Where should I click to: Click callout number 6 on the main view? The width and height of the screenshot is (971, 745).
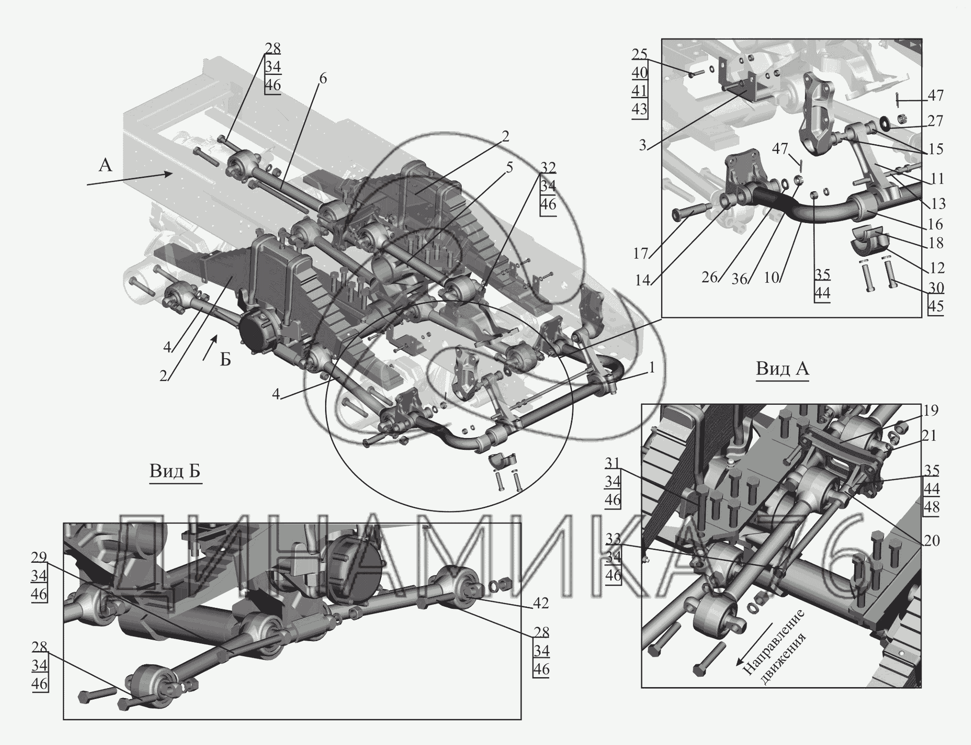point(322,79)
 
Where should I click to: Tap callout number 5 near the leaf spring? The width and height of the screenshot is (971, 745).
point(509,168)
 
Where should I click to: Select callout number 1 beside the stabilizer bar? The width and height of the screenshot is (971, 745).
point(652,368)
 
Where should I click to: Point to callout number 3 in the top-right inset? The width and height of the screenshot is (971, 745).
point(643,145)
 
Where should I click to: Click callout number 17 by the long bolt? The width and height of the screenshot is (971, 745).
point(641,254)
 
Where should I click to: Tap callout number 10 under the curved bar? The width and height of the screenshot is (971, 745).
point(772,278)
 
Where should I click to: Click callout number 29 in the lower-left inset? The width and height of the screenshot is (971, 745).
point(39,557)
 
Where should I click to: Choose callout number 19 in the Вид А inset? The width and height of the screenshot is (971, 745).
point(931,411)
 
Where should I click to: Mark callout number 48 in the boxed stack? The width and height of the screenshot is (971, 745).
point(932,507)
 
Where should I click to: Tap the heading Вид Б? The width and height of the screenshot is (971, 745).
point(175,471)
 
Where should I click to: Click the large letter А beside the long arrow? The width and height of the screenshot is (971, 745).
point(105,166)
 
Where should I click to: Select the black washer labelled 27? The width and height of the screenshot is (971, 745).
point(884,124)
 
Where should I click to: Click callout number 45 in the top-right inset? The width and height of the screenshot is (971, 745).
point(935,307)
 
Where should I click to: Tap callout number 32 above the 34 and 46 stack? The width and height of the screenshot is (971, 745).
point(548,168)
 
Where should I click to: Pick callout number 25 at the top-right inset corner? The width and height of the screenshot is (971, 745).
point(639,54)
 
